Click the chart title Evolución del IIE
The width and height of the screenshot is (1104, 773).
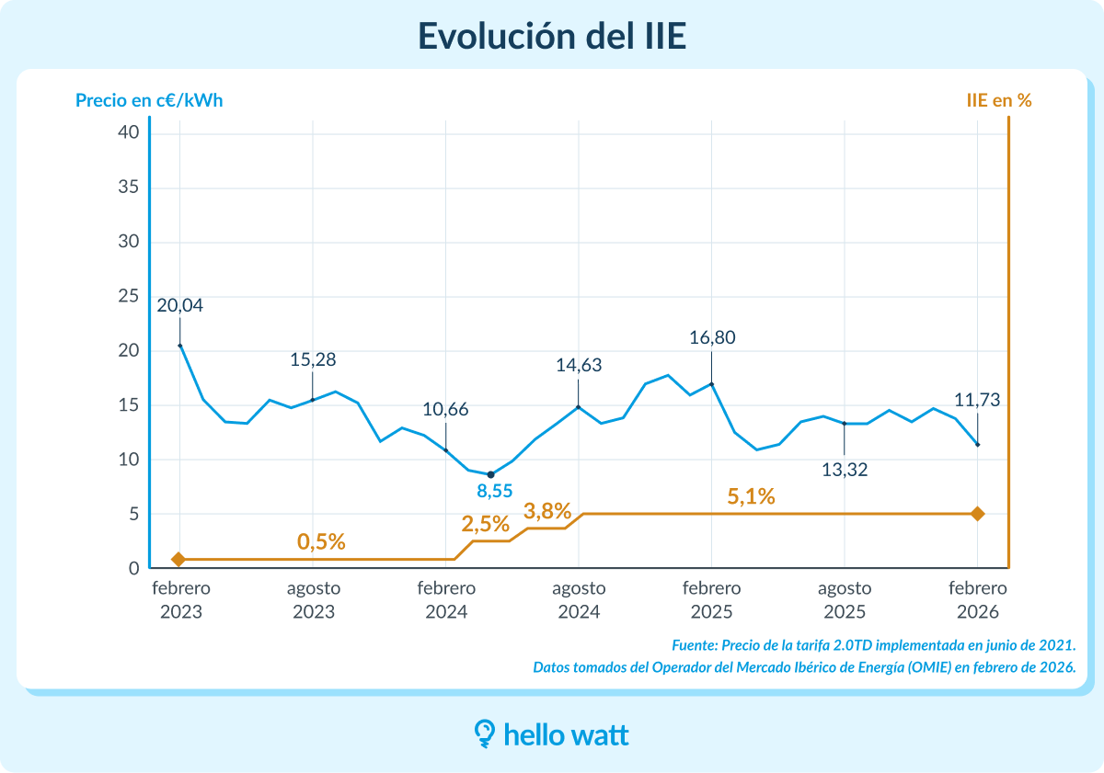tap(551, 35)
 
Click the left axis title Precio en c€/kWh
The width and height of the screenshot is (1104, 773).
tap(149, 100)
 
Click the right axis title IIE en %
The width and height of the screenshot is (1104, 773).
tap(998, 100)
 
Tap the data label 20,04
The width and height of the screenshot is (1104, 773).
tap(179, 306)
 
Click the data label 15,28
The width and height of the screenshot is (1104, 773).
tap(313, 360)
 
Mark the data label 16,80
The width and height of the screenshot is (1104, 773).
tap(712, 338)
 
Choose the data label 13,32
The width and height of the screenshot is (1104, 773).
tap(845, 470)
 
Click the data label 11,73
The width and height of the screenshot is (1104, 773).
tap(977, 401)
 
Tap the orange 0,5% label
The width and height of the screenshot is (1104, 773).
tap(321, 542)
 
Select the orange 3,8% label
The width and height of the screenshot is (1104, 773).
tap(548, 511)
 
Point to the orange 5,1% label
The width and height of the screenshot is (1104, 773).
tap(751, 497)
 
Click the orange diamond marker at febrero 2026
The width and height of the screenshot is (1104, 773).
tap(978, 514)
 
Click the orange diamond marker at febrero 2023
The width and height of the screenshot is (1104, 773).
tap(178, 559)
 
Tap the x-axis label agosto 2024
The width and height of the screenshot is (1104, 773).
tap(579, 599)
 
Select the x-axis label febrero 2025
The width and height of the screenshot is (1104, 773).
tap(711, 599)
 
